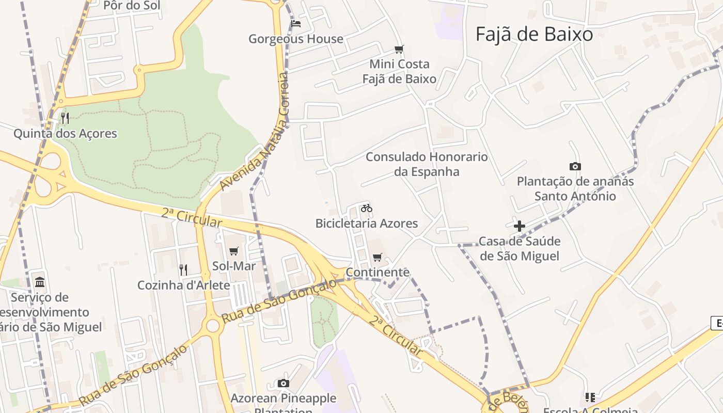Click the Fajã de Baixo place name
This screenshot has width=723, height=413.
534,35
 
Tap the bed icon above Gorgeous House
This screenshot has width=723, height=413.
296,23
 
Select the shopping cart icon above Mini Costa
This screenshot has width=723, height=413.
399,50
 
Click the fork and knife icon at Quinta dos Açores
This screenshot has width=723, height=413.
65,118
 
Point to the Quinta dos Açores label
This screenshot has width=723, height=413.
65,134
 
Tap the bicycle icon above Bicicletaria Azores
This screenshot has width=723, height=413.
367,208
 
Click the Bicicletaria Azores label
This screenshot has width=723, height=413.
367,224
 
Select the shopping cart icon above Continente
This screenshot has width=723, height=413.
378,257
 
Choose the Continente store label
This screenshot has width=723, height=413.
378,272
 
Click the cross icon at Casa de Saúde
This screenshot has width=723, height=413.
520,226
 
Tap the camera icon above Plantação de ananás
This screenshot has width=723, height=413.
575,166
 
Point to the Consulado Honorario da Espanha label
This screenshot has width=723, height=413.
427,164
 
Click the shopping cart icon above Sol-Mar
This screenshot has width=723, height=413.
234,251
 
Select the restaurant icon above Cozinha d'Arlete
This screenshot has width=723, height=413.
183,269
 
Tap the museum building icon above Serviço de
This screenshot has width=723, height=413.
40,282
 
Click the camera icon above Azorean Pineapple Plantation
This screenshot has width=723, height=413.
283,383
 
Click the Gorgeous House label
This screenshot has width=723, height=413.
296,39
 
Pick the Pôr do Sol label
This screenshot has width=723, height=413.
132,6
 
